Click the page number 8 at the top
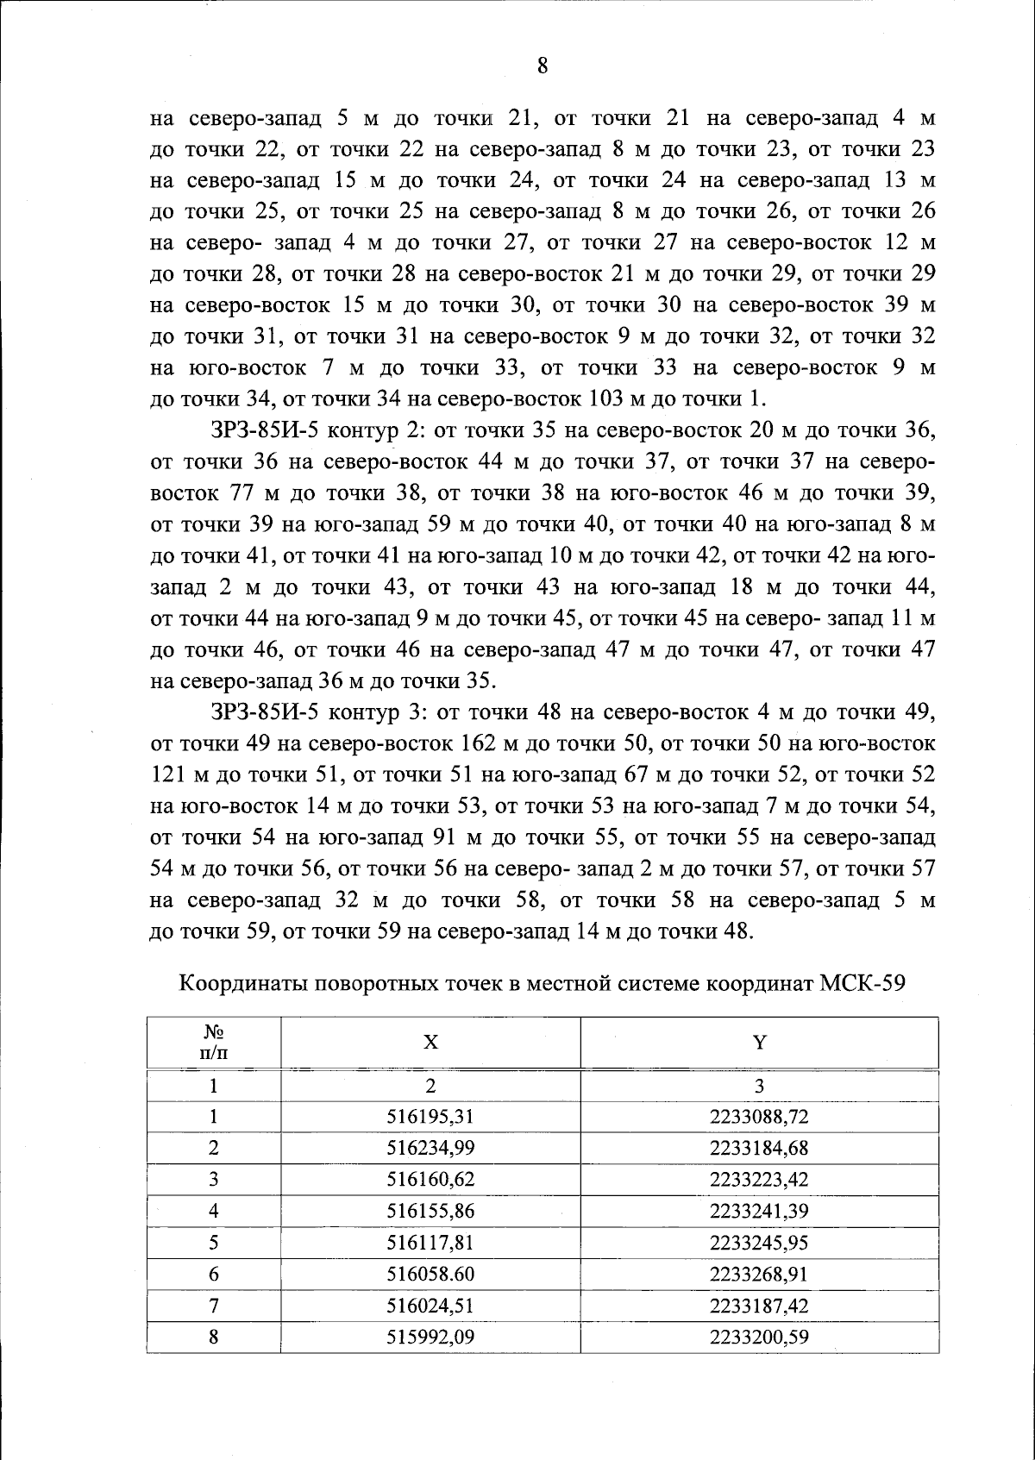[543, 66]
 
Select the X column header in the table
[430, 1042]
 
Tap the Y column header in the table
[759, 1042]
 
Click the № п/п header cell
[213, 1042]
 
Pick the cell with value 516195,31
[430, 1117]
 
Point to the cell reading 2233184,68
[759, 1148]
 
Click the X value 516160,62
[430, 1180]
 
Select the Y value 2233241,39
[759, 1211]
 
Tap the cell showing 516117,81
[430, 1243]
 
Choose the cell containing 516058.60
[430, 1274]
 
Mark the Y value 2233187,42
[759, 1306]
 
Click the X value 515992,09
[430, 1337]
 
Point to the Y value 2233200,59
[759, 1337]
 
